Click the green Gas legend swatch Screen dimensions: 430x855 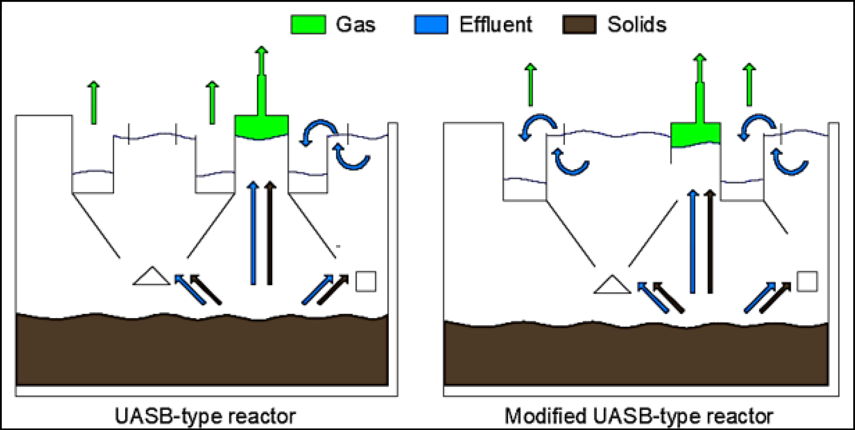(308, 25)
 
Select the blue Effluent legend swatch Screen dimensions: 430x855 (431, 25)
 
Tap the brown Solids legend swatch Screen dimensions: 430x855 (579, 25)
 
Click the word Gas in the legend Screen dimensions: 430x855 (356, 25)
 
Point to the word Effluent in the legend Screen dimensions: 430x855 (496, 25)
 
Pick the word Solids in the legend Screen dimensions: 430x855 (636, 25)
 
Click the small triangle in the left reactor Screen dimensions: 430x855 (151, 277)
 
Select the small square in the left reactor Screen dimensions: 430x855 (365, 282)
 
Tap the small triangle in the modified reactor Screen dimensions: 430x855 (612, 286)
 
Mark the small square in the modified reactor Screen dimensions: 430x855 (807, 282)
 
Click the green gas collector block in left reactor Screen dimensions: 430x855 (261, 127)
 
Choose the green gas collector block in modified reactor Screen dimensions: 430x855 (695, 134)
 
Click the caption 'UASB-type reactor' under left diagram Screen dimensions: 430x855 (205, 416)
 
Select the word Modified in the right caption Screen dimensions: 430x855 (545, 416)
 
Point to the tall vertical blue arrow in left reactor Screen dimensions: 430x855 (253, 234)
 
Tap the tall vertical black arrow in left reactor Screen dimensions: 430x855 (270, 234)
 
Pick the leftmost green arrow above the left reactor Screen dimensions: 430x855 (94, 102)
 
